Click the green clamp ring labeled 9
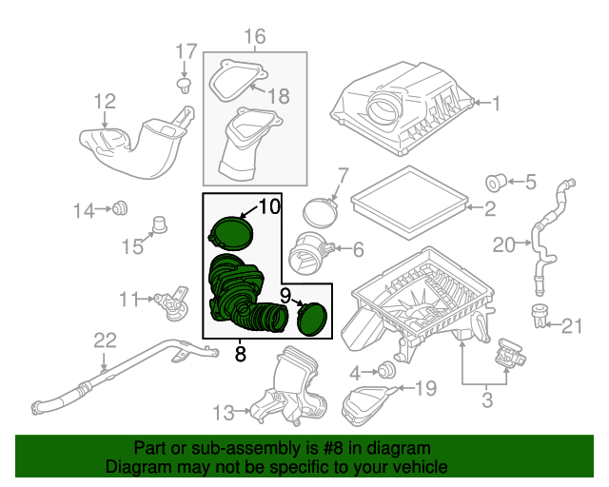(x=311, y=319)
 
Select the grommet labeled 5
(x=496, y=181)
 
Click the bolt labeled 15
(x=160, y=226)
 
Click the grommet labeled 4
(x=386, y=370)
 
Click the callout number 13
(x=222, y=412)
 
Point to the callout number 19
(x=424, y=387)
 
